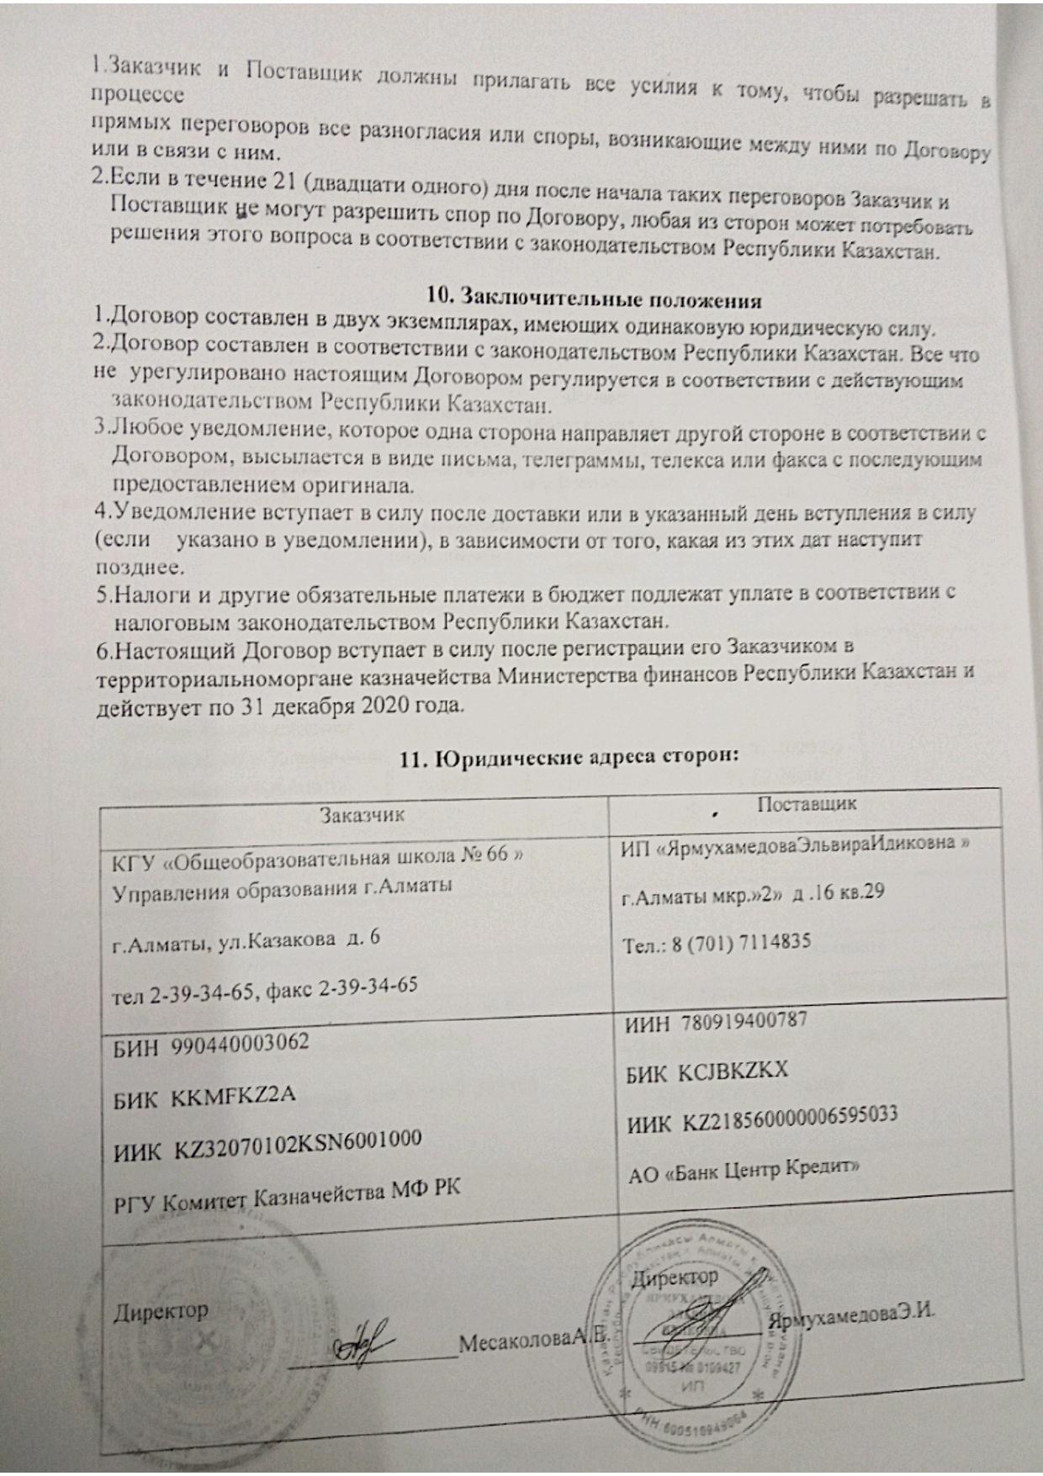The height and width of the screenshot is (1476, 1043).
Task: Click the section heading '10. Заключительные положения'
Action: pos(593,299)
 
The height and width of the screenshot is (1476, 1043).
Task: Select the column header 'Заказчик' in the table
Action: pos(362,814)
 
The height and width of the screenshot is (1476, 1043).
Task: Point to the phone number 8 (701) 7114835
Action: pos(740,943)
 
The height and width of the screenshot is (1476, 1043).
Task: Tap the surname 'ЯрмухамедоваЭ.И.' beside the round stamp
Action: pos(852,1316)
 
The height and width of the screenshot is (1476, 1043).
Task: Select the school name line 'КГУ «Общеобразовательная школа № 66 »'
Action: pos(317,858)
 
